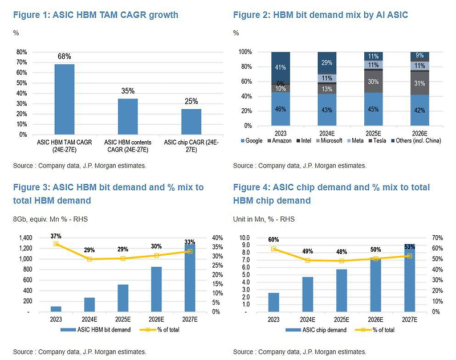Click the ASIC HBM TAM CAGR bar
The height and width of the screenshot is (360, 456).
point(64,99)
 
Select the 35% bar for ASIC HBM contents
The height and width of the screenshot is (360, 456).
point(128,117)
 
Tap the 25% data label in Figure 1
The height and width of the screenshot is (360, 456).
point(191,101)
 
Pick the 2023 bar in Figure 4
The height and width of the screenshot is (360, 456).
point(274,302)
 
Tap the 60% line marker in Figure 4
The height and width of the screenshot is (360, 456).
point(274,249)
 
